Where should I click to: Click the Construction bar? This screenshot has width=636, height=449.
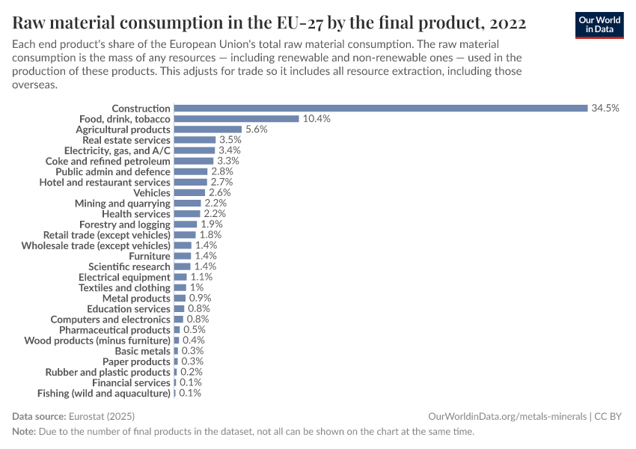[x=380, y=109]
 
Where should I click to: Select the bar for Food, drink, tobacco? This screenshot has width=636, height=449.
[x=236, y=119]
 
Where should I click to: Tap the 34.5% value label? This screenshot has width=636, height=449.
[x=605, y=109]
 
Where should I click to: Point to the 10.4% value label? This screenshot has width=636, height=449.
[x=317, y=119]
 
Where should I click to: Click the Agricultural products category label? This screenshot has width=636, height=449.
[x=123, y=129]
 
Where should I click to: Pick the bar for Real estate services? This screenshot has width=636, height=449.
[x=195, y=140]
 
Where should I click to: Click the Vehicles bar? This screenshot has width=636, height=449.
[x=189, y=193]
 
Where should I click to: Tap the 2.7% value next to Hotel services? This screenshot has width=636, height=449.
[x=221, y=182]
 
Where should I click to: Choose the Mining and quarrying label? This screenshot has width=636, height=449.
[x=123, y=204]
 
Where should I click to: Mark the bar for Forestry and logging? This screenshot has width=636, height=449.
[x=186, y=224]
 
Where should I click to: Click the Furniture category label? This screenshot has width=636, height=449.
[x=150, y=256]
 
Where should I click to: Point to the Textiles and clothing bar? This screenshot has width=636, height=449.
[x=180, y=288]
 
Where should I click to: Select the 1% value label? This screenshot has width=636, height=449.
[x=197, y=288]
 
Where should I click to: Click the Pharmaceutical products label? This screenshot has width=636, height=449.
[x=114, y=330]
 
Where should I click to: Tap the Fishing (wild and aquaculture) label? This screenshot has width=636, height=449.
[x=104, y=393]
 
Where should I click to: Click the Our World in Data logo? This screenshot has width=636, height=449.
[x=599, y=24]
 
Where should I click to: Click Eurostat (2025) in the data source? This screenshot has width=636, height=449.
[x=102, y=416]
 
